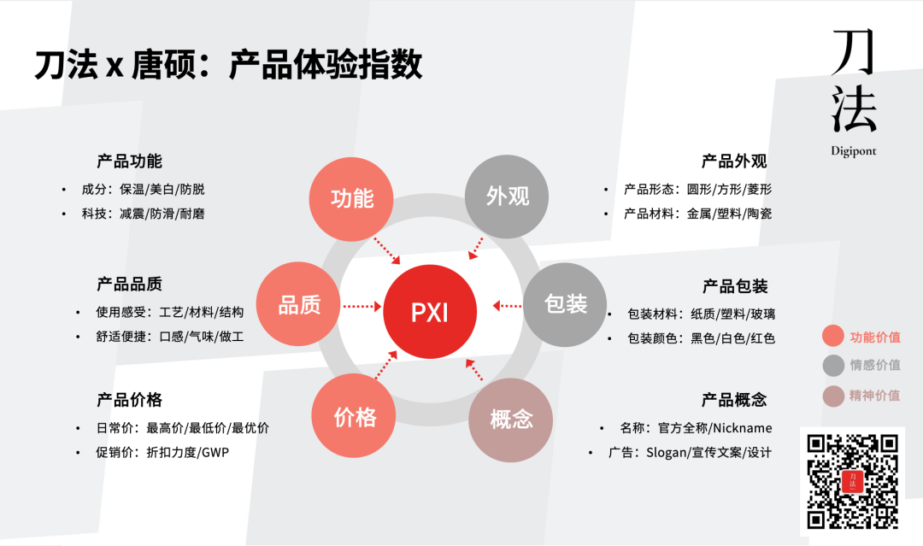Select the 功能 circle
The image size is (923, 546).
[x=351, y=197]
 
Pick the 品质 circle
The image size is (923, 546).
[x=299, y=305]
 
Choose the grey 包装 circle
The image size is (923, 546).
[x=566, y=303]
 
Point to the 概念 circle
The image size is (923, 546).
[x=511, y=420]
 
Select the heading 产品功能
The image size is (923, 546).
[x=129, y=161]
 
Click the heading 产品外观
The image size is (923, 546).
[x=734, y=161]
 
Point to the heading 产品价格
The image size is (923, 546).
[x=129, y=399]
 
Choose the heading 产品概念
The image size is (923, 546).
[x=734, y=399]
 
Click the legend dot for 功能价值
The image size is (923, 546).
[x=833, y=337]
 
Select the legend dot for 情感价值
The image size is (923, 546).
[x=833, y=366]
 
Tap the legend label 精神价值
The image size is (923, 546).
[x=875, y=395]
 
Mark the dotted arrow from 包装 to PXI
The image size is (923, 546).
[x=507, y=305]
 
